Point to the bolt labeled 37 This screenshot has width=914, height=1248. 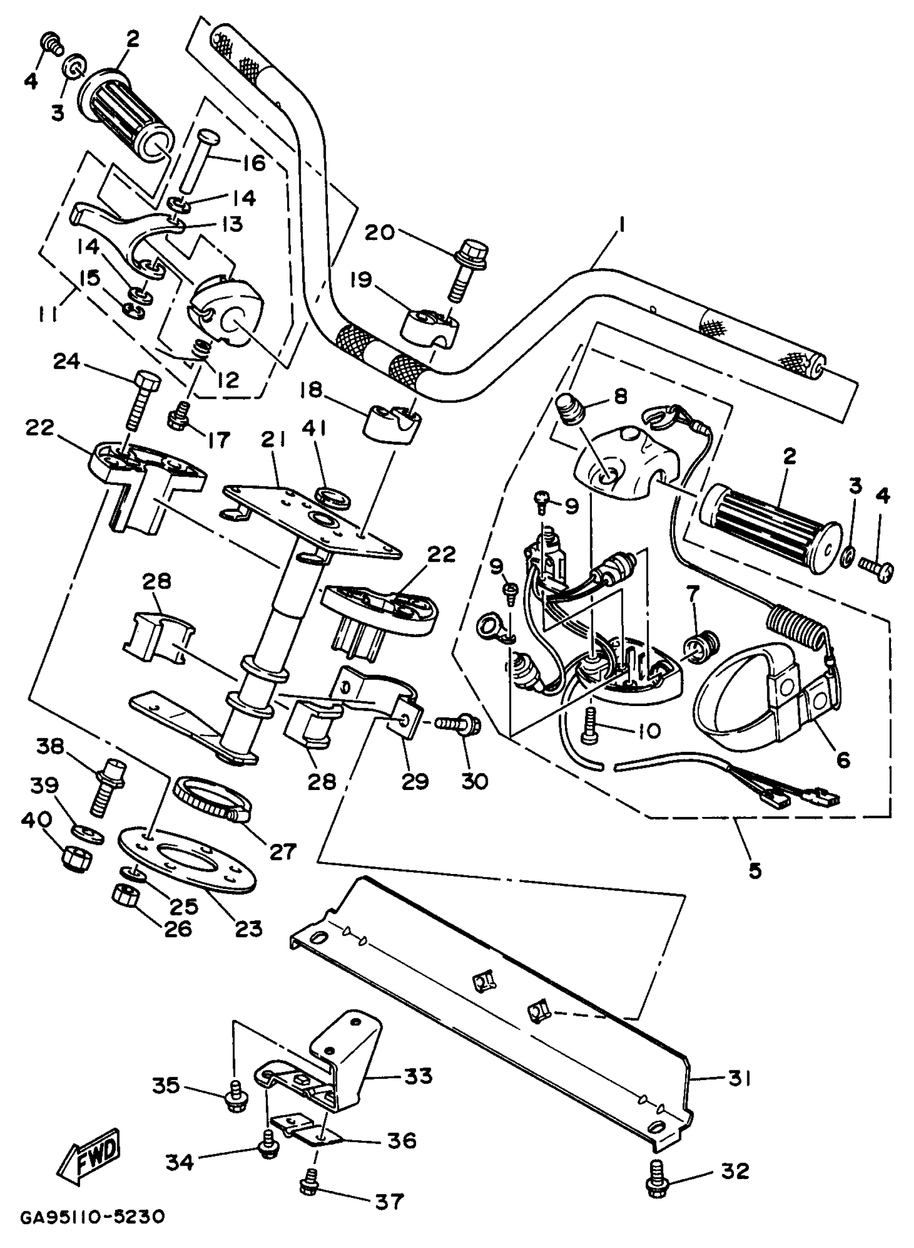click(x=308, y=1184)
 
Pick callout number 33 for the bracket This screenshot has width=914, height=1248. click(x=418, y=1076)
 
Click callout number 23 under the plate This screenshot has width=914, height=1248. click(x=248, y=927)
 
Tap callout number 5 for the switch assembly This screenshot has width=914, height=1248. click(x=755, y=870)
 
